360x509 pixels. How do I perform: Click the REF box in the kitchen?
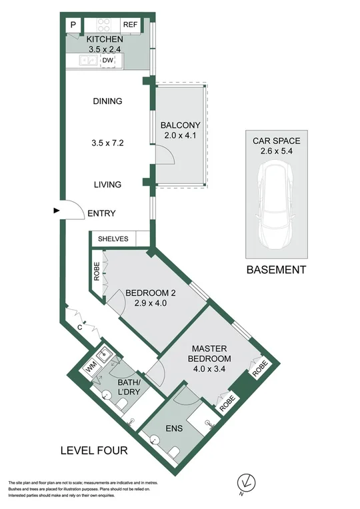coord(130,25)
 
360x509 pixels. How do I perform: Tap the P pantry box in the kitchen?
coord(73,25)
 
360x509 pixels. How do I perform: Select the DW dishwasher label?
coord(108,61)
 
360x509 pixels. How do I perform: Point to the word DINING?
coord(107,102)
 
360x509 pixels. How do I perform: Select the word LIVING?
coord(107,185)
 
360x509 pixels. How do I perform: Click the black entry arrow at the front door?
coord(56,211)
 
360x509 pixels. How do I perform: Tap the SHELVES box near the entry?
coord(113,239)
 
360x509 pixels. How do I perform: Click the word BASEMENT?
coord(276,270)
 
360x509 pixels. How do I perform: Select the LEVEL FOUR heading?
coord(93,452)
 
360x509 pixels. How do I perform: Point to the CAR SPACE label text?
coord(276,141)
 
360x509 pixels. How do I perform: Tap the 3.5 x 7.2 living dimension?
coord(107,143)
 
